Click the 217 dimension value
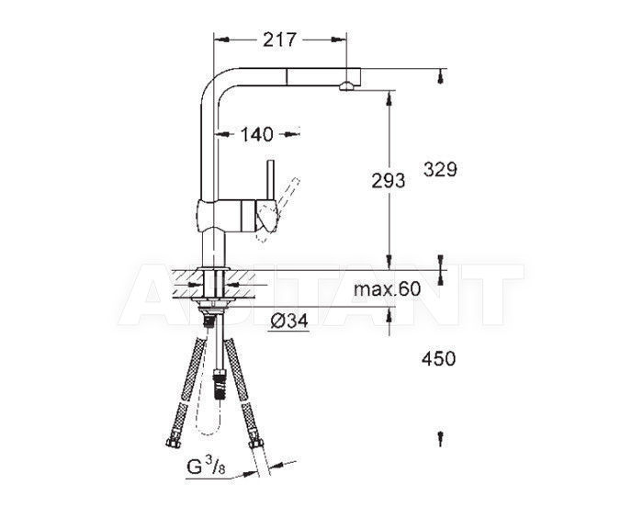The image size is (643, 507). click(x=279, y=39)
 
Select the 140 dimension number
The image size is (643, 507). click(x=256, y=134)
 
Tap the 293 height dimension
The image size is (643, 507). click(x=388, y=181)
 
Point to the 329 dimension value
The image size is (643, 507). click(x=440, y=169)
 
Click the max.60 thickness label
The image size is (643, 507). click(x=388, y=289)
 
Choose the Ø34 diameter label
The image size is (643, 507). click(x=289, y=321)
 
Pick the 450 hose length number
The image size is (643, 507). click(x=438, y=358)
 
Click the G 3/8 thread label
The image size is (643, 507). click(x=207, y=467)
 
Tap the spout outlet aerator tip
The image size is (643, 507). click(x=345, y=85)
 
